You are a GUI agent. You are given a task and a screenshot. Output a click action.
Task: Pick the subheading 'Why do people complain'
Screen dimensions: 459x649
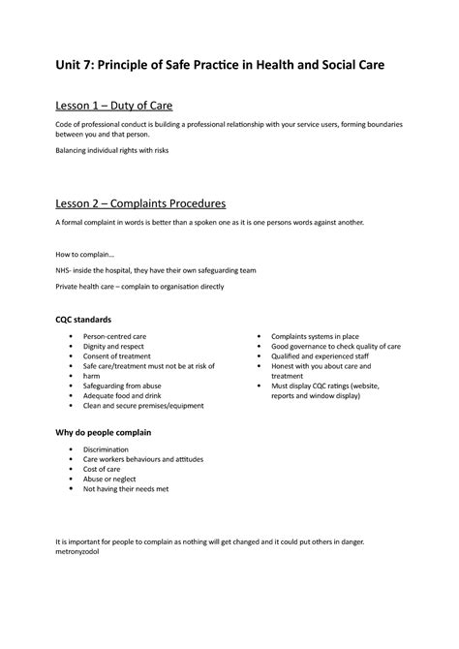107,432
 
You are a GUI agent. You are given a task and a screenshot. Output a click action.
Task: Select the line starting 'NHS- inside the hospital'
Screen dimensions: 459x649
156,270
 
